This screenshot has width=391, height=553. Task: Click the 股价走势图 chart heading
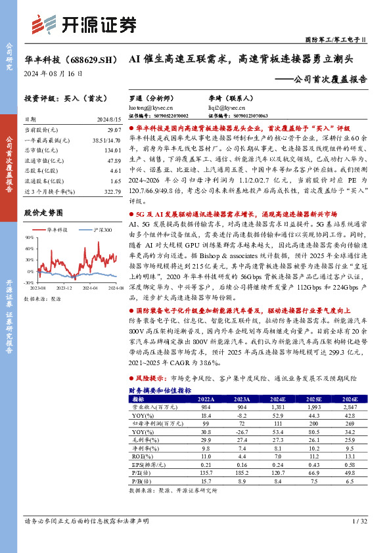(x=43, y=213)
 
